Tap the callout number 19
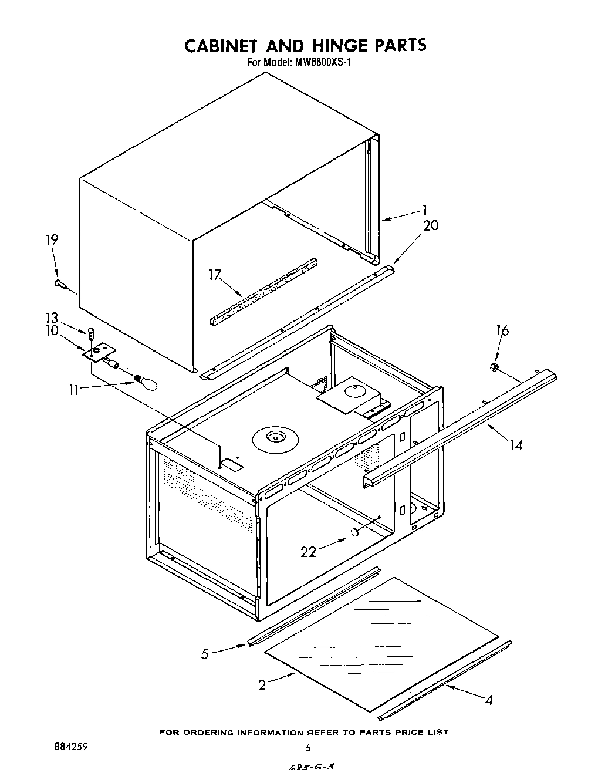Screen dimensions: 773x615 point(52,239)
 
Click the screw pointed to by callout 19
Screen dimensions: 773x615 point(59,283)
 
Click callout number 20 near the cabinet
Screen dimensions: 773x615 point(430,225)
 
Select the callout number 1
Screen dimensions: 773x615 point(424,210)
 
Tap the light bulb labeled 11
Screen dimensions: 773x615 point(147,382)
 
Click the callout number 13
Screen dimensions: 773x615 point(52,318)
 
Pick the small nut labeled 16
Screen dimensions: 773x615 point(494,367)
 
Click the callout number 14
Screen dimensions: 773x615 point(515,445)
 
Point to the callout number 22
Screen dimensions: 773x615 point(309,551)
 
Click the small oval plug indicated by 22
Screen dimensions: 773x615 point(354,532)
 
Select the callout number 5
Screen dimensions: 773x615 point(205,654)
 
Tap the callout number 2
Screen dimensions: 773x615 point(262,684)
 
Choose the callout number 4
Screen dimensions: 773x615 point(489,700)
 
